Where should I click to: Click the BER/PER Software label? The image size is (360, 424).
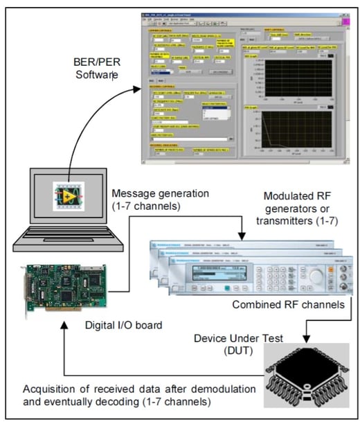(x=98, y=64)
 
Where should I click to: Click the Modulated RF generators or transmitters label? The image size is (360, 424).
(x=298, y=204)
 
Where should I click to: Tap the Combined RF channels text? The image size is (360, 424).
(x=287, y=304)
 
